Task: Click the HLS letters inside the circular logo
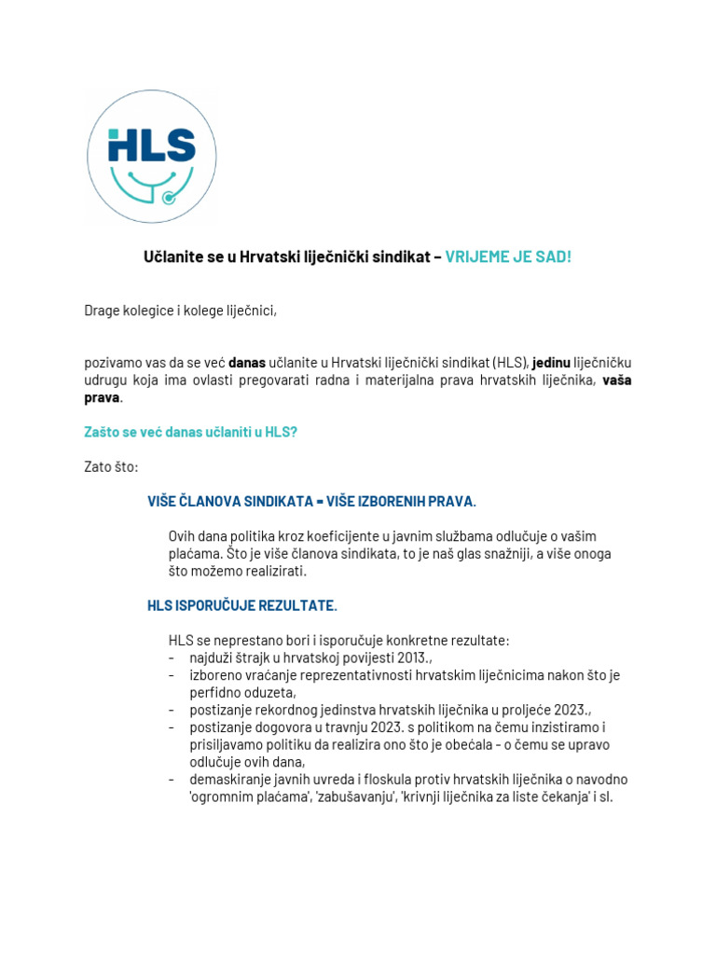(151, 145)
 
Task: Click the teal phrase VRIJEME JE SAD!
(507, 256)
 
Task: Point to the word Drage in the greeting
(103, 310)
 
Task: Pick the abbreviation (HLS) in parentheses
(511, 362)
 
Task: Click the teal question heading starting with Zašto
(190, 432)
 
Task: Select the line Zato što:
(111, 466)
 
